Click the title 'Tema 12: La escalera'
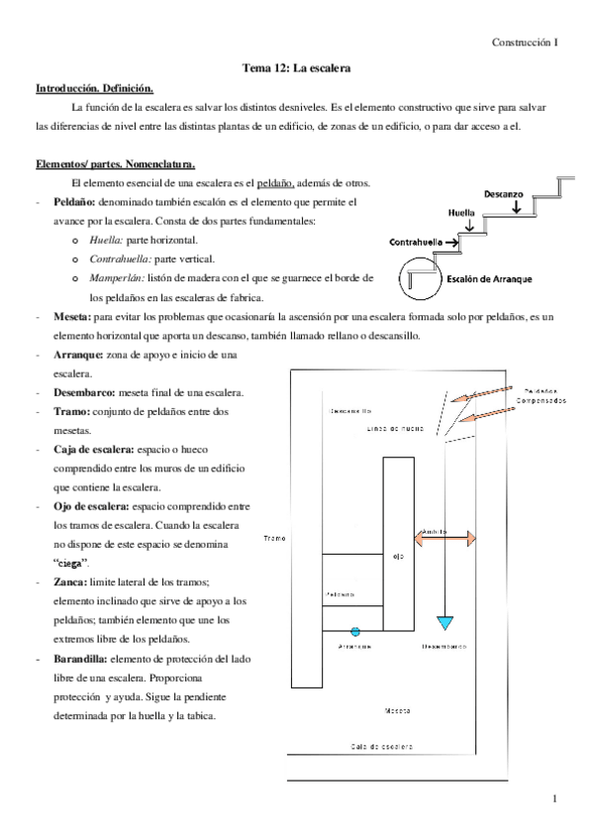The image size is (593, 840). pyautogui.click(x=297, y=68)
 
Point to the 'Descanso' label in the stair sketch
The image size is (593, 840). pyautogui.click(x=504, y=194)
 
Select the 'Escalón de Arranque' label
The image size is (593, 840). pyautogui.click(x=489, y=279)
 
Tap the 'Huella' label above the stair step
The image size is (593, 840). pyautogui.click(x=461, y=213)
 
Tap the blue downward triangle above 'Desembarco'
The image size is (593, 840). pyautogui.click(x=445, y=622)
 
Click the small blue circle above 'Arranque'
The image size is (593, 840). pyautogui.click(x=355, y=630)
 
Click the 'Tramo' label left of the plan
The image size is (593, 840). pyautogui.click(x=275, y=538)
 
